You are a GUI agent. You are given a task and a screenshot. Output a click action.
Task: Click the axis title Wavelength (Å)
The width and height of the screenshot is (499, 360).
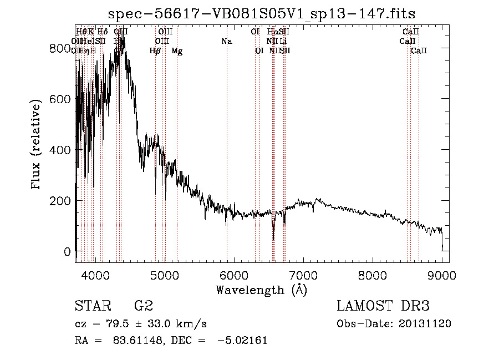tap(261, 289)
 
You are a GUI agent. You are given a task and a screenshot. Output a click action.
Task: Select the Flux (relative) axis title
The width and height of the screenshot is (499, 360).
tap(37, 145)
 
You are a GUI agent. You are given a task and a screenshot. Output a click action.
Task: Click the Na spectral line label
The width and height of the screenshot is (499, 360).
tap(226, 41)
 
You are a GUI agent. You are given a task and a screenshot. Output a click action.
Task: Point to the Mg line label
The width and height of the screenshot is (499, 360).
tap(177, 51)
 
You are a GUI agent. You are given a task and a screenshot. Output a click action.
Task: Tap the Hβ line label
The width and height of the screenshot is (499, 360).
tap(155, 51)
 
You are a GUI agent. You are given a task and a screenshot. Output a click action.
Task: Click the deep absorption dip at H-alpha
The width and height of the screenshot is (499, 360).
tap(273, 237)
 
